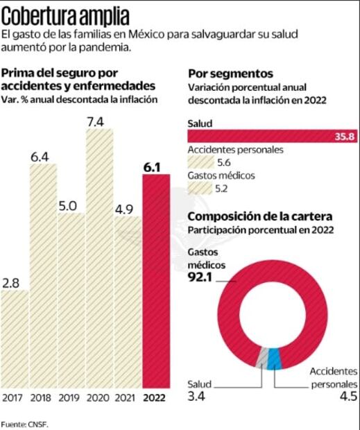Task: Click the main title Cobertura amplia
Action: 65,15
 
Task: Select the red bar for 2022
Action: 156,281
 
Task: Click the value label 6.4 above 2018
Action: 42,156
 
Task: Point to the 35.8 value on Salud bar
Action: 344,137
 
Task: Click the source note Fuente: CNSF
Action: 25,422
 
